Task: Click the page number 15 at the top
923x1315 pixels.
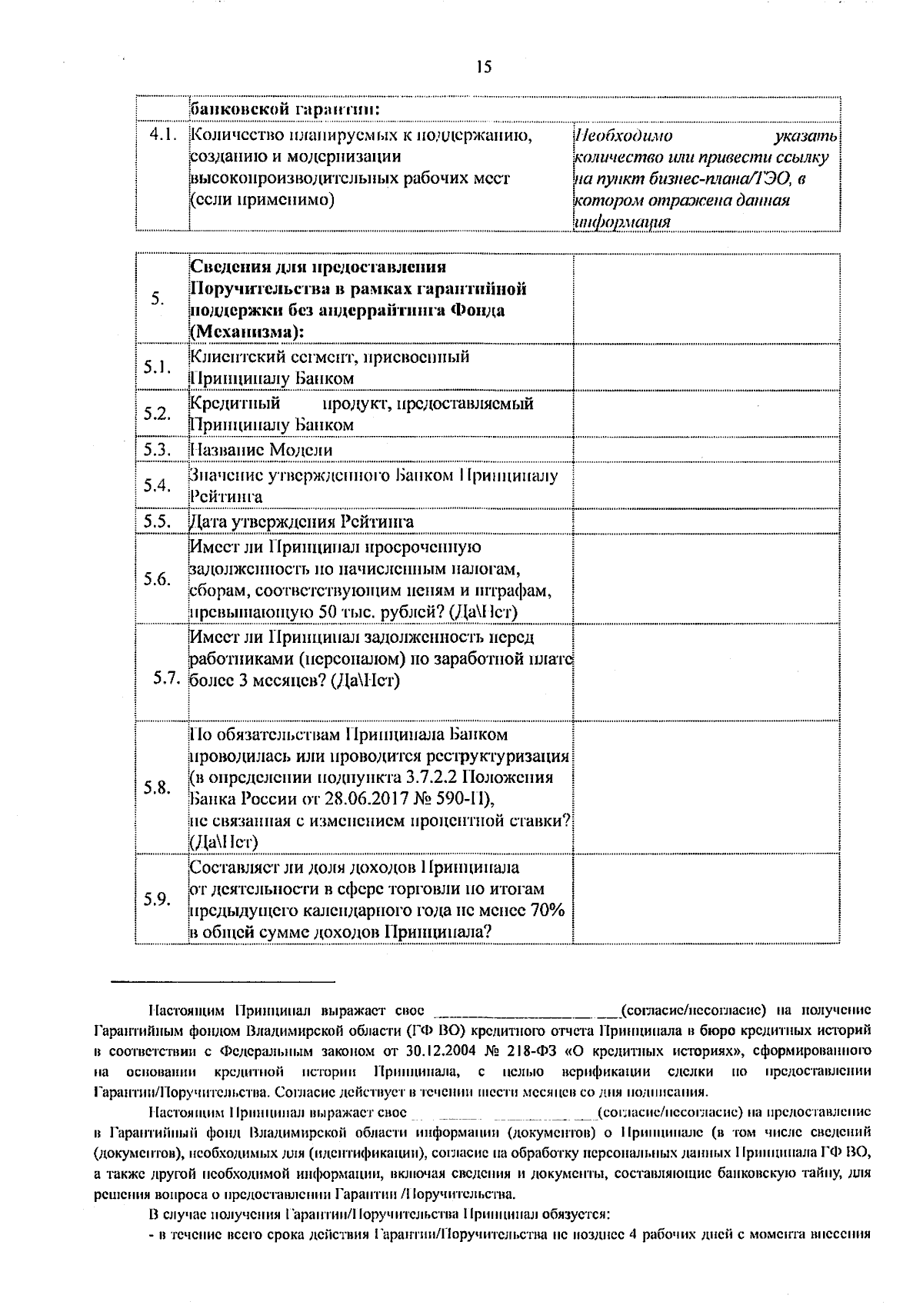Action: tap(483, 67)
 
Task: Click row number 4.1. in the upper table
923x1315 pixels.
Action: tap(163, 135)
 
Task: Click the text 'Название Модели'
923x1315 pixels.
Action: tap(262, 450)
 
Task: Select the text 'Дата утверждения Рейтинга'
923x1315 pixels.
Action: tap(302, 522)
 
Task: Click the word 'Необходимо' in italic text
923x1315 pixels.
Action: tap(623, 137)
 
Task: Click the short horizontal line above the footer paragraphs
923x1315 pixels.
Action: tap(222, 982)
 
